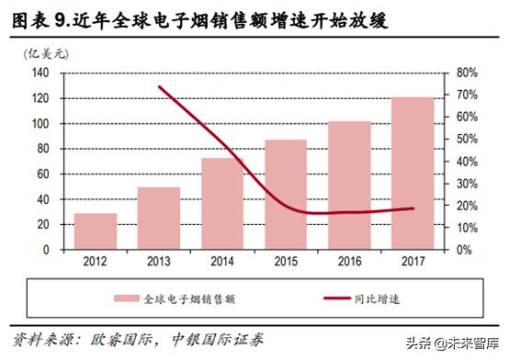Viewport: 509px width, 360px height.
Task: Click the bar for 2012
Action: (96, 231)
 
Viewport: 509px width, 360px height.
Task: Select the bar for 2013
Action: (160, 218)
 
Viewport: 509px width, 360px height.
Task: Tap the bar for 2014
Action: (222, 203)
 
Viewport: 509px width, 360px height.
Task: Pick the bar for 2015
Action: (286, 194)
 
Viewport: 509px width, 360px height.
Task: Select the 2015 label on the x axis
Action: (286, 261)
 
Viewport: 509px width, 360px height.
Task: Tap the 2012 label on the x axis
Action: (96, 261)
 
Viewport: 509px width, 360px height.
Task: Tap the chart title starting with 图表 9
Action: (193, 18)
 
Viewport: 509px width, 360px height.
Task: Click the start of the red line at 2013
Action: (161, 88)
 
